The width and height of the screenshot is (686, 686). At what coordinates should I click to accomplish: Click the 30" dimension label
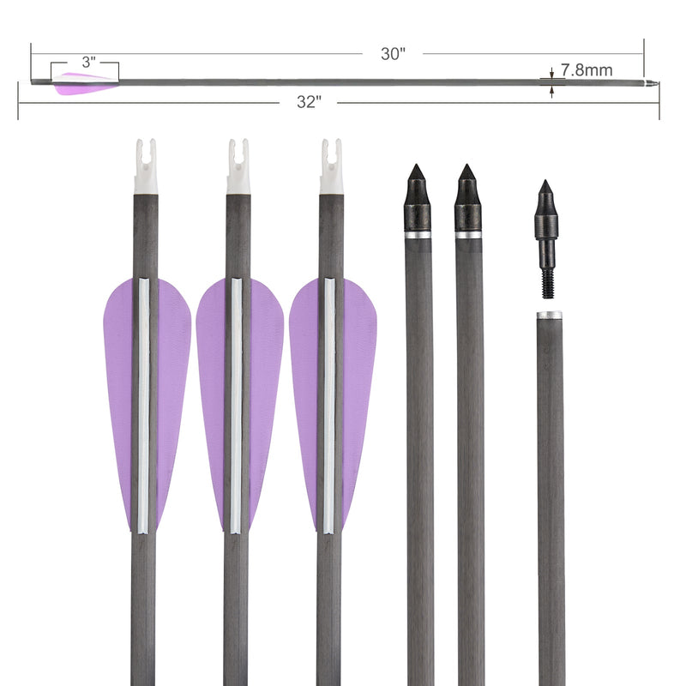(x=393, y=53)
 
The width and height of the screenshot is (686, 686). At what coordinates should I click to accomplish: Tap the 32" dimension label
(x=309, y=102)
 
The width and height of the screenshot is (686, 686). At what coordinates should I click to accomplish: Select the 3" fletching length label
(x=88, y=63)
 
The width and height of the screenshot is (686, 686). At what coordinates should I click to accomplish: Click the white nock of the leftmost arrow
(x=146, y=166)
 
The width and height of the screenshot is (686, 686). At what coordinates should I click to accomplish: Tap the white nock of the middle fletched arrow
(x=238, y=166)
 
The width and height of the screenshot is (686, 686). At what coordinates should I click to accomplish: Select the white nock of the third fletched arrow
(x=332, y=166)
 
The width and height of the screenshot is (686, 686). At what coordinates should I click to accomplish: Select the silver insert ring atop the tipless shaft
(x=550, y=316)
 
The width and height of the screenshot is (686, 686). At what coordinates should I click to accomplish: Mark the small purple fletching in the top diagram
(x=83, y=83)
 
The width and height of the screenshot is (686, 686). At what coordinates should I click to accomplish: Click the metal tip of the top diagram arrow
(x=652, y=84)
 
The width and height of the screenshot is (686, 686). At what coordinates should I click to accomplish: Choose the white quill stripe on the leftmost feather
(x=143, y=403)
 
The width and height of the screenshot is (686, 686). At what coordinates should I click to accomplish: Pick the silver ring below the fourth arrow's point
(x=418, y=234)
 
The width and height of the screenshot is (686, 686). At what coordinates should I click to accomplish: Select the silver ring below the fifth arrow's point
(x=468, y=234)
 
